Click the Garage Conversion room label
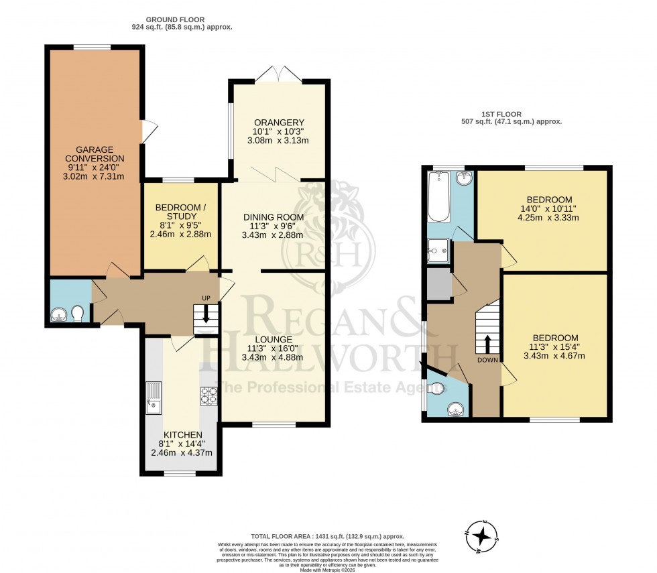pos(94,153)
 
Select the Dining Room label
pos(273,216)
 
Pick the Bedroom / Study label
pos(180,207)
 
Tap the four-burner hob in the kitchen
pos(207,395)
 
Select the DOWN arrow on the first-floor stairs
pos(487,342)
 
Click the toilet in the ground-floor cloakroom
pos(78,314)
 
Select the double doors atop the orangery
pos(279,72)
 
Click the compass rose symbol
pos(481,536)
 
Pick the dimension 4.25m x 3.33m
pos(549,217)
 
